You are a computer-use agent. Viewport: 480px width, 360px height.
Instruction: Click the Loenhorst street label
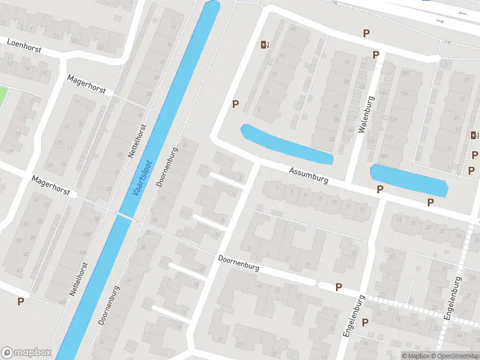click(x=24, y=45)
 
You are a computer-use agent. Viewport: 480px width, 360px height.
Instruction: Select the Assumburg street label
click(x=308, y=176)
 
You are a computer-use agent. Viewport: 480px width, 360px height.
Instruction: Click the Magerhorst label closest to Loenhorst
click(x=86, y=85)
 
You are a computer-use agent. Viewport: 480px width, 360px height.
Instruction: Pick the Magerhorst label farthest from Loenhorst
click(x=51, y=185)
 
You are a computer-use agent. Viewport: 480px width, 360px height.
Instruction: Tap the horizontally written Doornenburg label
click(x=239, y=263)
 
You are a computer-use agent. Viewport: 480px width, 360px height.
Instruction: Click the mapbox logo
click(x=26, y=353)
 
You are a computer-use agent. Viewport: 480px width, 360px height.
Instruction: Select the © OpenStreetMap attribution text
click(x=454, y=356)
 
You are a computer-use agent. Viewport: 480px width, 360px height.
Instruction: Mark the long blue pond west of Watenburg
click(x=286, y=144)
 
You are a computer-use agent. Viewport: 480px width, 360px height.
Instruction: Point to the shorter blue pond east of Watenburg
click(x=410, y=180)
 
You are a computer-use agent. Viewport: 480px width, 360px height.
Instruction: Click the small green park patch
click(x=2, y=94)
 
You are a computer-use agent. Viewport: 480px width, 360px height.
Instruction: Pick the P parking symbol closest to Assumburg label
click(x=379, y=190)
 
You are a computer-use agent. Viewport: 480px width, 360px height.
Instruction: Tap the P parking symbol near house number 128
click(x=21, y=301)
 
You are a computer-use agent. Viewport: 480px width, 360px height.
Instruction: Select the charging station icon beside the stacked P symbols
click(x=473, y=136)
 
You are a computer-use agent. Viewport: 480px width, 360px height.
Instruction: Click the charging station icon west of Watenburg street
click(x=265, y=44)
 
